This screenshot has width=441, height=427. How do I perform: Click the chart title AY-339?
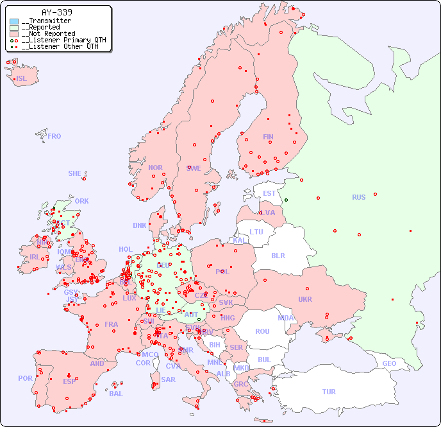[56, 12]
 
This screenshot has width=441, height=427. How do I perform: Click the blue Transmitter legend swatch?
[14, 21]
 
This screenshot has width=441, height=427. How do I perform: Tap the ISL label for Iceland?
[22, 79]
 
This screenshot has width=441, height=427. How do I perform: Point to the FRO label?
[54, 136]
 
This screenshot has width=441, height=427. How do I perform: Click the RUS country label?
[358, 197]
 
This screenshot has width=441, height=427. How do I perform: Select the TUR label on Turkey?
[328, 392]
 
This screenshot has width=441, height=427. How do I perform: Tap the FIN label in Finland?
[268, 137]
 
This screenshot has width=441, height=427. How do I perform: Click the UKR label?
[304, 299]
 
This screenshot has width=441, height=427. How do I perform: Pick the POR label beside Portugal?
[25, 378]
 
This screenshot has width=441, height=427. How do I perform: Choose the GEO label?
[389, 363]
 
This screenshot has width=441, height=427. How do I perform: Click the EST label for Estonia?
[269, 193]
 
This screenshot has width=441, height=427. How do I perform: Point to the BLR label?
[278, 255]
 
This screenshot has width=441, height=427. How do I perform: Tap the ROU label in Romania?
[262, 331]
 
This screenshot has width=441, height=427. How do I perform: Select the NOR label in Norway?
[155, 168]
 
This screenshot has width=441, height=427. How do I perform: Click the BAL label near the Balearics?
[116, 394]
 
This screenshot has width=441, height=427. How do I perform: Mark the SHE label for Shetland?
[75, 173]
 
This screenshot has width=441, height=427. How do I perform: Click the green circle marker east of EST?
[286, 200]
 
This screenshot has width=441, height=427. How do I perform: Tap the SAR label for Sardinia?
[168, 379]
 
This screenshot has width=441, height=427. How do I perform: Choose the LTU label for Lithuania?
[256, 232]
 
